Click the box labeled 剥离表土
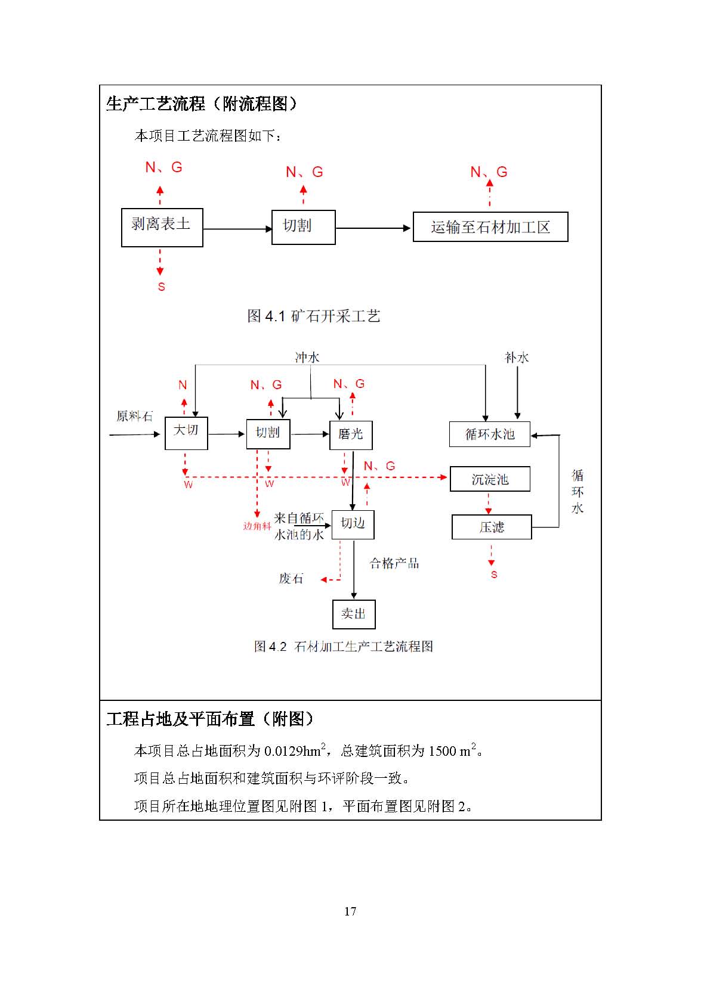[x=162, y=227]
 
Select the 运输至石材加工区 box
[x=490, y=227]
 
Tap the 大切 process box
[x=186, y=433]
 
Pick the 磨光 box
[x=351, y=435]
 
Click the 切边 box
[x=353, y=525]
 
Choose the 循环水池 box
[x=489, y=435]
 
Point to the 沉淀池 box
[x=489, y=479]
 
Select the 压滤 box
[x=491, y=527]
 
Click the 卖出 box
[x=353, y=614]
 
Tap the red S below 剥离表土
[x=161, y=287]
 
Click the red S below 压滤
[x=494, y=575]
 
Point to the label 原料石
[x=134, y=416]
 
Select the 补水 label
[x=517, y=358]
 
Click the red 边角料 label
[x=257, y=526]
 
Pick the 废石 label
[x=291, y=579]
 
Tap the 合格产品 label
[x=394, y=563]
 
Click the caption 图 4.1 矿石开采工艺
[x=314, y=316]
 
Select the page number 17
[x=350, y=911]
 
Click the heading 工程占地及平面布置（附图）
[x=210, y=719]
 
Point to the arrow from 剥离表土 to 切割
[x=237, y=229]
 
